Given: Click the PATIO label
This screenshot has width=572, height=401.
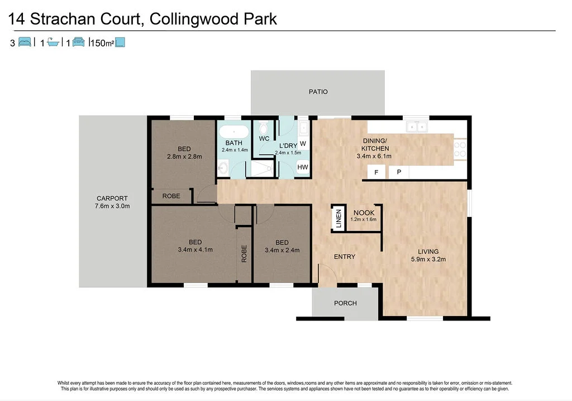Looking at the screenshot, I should tap(318, 92).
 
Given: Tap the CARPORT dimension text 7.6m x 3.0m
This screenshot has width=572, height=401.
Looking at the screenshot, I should tap(112, 206).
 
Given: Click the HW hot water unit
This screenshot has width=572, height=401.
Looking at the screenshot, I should tap(302, 167).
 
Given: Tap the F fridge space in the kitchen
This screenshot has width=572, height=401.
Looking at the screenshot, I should tap(376, 172).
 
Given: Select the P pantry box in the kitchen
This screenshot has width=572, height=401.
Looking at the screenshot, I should tap(399, 172).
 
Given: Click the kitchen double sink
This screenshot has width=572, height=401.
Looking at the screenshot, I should tap(416, 127).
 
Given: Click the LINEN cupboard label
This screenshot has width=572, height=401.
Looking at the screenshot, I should tap(338, 218).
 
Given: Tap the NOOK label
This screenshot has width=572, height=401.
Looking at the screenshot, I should tap(364, 213).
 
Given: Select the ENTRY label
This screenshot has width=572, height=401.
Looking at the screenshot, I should tap(344, 257).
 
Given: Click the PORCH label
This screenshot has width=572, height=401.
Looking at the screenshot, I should tap(345, 303).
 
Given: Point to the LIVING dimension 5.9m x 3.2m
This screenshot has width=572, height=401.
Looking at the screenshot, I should tap(428, 259).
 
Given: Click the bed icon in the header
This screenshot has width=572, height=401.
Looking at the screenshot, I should tap(25, 42).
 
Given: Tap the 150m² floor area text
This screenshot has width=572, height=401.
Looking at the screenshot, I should tap(102, 43).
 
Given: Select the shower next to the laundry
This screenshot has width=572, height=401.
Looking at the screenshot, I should tap(261, 167).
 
